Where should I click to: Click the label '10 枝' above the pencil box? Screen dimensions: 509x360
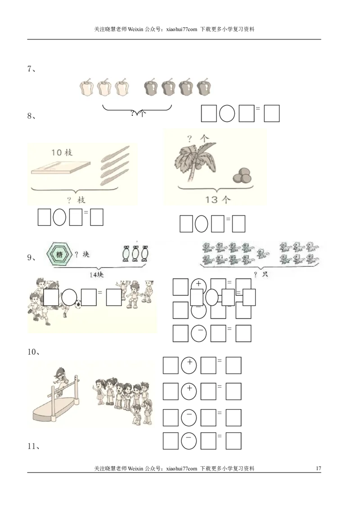click(x=62, y=152)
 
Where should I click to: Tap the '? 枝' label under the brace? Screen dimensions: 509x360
click(x=76, y=200)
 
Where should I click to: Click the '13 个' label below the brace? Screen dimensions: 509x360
click(x=217, y=200)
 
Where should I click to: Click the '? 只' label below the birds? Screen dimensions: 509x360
click(x=261, y=274)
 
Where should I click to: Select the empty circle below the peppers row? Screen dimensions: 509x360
click(x=227, y=114)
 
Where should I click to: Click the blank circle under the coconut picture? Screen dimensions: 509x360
click(x=201, y=224)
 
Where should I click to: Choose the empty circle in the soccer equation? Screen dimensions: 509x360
click(x=69, y=297)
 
